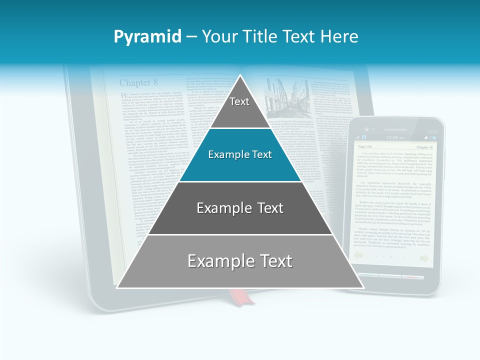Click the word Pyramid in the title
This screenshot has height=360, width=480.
[147, 37]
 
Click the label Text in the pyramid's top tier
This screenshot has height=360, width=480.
[239, 101]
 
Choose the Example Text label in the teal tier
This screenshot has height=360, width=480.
[240, 154]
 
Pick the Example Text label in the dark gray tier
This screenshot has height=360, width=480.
[240, 208]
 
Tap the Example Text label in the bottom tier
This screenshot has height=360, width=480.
[240, 261]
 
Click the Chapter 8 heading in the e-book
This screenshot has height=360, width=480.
[138, 82]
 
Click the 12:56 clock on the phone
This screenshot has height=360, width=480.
[394, 137]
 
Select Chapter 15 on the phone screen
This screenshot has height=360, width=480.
[424, 147]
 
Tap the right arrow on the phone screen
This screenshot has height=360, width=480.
[424, 258]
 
